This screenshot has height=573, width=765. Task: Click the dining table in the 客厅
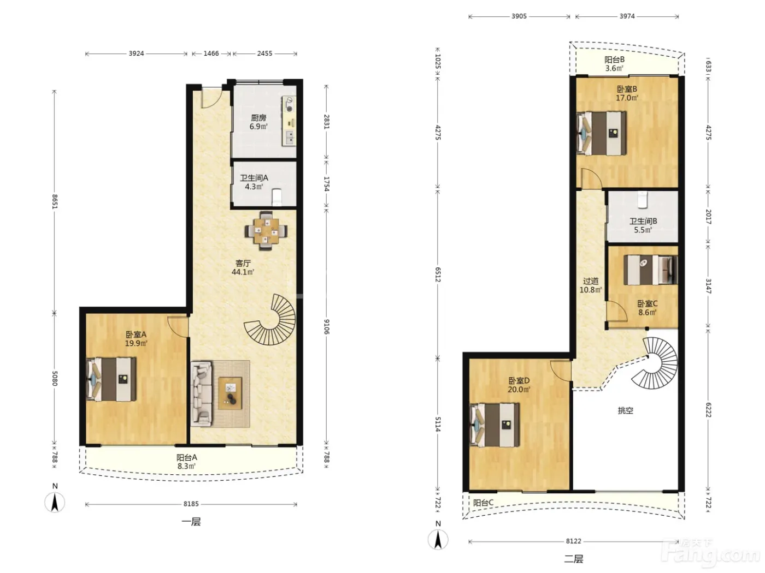266,231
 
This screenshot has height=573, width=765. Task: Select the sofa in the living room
202,393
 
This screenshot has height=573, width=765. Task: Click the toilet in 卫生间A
276,198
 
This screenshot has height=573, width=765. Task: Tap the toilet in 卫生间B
642,199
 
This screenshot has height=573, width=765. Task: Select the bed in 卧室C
650,270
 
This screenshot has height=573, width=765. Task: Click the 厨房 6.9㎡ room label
258,122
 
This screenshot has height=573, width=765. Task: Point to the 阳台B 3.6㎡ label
614,64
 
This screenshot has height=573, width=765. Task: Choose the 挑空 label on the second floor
625,410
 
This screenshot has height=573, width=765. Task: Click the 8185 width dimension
191,504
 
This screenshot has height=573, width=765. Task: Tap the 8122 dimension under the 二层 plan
573,541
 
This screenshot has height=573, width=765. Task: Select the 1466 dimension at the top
211,53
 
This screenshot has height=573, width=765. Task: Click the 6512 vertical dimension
438,274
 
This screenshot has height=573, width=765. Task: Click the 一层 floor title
191,522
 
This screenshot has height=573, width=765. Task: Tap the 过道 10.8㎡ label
590,285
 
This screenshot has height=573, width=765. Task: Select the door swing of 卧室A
178,326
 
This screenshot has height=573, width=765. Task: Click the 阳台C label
483,503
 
